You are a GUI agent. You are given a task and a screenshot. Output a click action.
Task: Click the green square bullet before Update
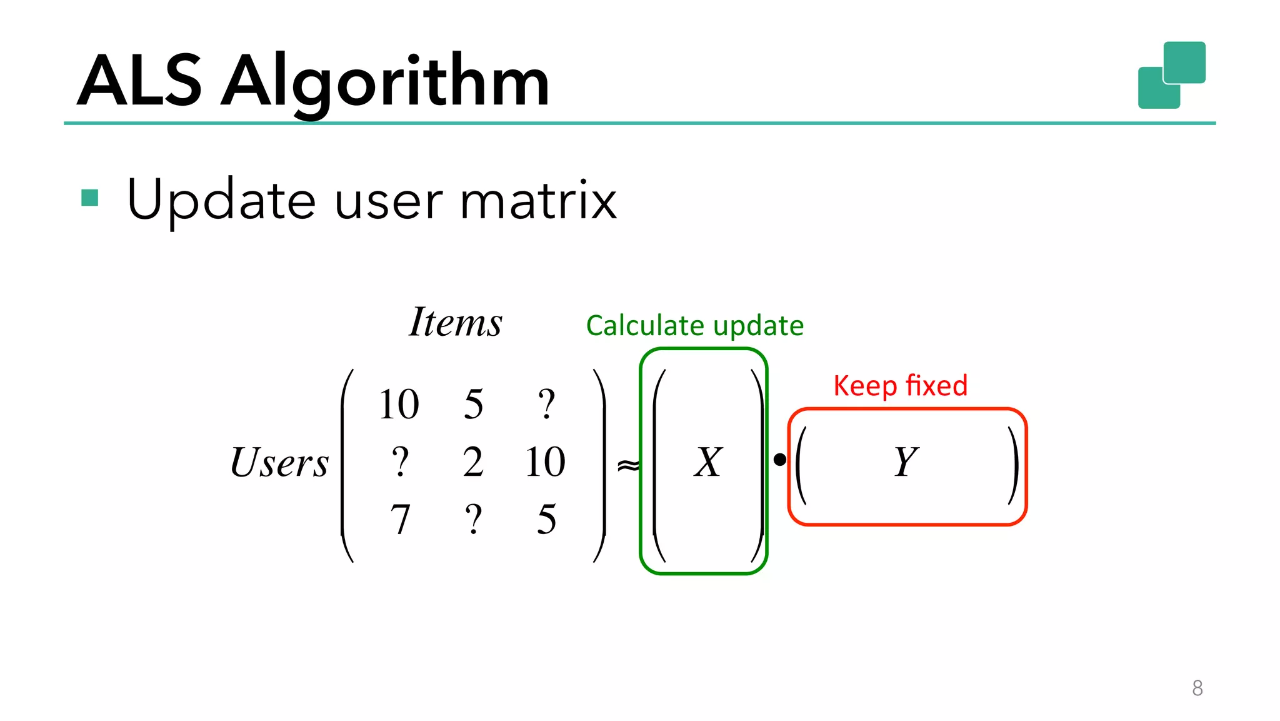(90, 198)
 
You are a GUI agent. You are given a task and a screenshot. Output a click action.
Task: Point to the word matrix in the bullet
(538, 201)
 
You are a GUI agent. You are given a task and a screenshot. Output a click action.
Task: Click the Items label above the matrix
(456, 323)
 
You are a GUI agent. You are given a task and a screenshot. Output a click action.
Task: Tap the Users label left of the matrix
(279, 463)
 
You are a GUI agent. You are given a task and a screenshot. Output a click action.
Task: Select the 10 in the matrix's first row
(399, 404)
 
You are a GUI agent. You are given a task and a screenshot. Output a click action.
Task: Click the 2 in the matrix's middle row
(473, 463)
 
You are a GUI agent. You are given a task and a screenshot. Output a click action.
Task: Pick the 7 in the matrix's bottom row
(400, 520)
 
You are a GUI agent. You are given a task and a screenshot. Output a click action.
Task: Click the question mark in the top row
(546, 404)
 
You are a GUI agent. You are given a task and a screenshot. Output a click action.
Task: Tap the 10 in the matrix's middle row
(546, 463)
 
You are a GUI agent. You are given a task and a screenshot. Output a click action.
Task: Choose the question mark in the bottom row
(473, 520)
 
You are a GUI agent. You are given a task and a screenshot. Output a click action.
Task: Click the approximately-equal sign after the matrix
(628, 465)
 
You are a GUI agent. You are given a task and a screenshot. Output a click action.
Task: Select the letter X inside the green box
(708, 463)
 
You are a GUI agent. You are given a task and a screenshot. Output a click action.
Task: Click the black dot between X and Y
(779, 460)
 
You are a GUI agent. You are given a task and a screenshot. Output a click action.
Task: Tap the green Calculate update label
(694, 326)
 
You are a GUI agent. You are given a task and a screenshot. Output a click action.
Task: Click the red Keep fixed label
(900, 386)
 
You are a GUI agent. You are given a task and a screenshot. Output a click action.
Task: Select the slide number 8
(1197, 688)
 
